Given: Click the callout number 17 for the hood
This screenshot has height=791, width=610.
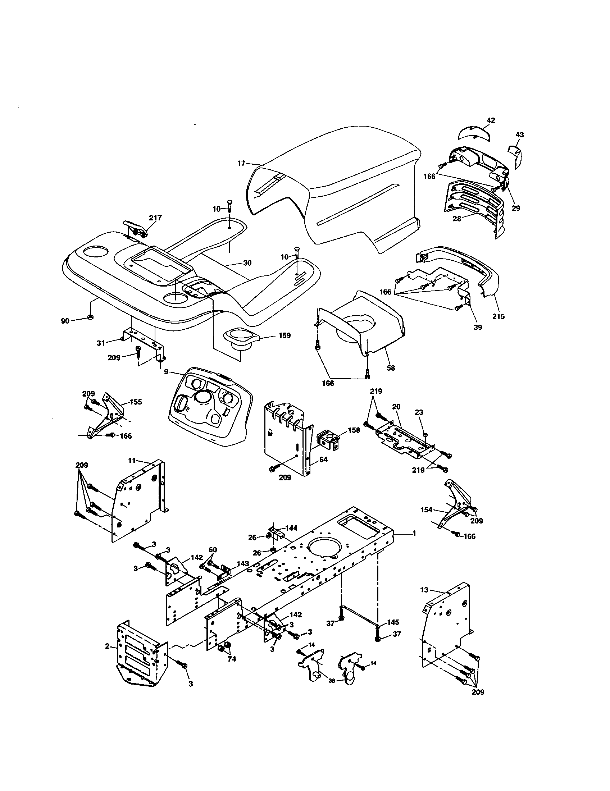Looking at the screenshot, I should [241, 163].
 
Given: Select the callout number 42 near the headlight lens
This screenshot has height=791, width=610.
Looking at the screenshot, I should [491, 120].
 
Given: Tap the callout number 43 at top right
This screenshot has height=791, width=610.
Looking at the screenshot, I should [519, 135].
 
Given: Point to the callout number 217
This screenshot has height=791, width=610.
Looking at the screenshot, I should [155, 218].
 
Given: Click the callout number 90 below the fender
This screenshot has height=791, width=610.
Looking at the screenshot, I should [65, 321].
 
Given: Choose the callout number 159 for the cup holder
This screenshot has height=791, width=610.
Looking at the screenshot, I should [285, 335].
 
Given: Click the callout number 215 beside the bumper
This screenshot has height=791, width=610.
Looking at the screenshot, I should [498, 316].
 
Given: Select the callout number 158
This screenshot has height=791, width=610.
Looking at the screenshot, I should [354, 430].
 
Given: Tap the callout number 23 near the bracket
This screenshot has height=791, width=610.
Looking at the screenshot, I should [419, 412].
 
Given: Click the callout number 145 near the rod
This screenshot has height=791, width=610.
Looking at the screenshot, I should [393, 622].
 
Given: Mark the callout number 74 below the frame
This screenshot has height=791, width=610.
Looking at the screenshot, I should [232, 659].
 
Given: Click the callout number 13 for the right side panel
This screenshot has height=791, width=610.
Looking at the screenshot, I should [424, 590].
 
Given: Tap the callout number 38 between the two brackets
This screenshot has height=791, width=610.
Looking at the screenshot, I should [332, 681].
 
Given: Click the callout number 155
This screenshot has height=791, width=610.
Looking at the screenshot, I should [136, 402].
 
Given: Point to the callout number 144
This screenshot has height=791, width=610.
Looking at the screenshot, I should [291, 528].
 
